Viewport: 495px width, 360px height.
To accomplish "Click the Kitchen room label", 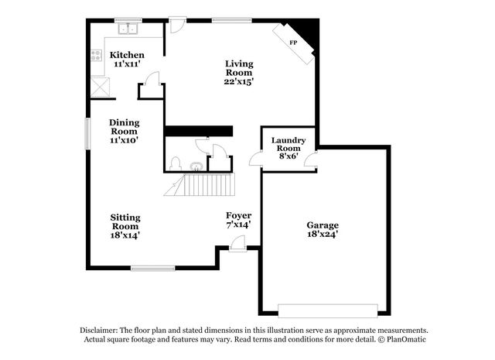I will [126, 55].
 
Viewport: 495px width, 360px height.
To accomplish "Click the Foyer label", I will [238, 215].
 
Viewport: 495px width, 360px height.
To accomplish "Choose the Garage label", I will [323, 225].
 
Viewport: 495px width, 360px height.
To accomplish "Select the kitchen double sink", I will [128, 29].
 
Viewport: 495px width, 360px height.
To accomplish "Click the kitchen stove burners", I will [97, 56].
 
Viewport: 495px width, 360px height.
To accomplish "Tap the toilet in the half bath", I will [176, 164].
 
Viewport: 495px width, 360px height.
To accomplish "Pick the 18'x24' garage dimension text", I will [323, 232].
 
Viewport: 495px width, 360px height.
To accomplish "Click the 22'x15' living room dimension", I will [239, 81].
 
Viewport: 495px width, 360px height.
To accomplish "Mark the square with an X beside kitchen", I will [98, 86].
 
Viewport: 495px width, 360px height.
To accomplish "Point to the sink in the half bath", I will [196, 165].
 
